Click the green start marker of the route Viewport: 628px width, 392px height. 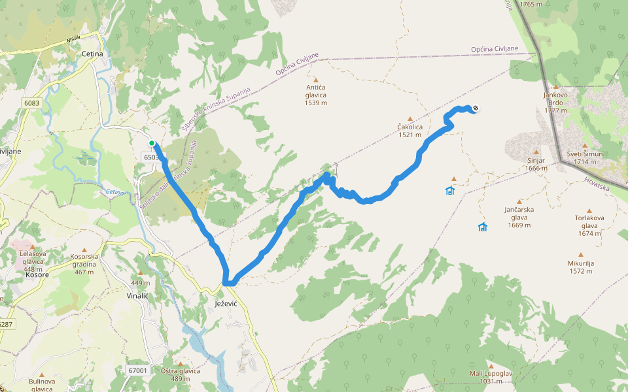(152, 143)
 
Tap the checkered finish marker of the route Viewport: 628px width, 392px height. (476, 108)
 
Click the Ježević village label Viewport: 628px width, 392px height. (225, 304)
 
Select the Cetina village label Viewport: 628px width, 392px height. (94, 54)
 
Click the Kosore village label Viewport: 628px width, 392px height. (37, 274)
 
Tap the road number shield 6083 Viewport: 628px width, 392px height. (31, 103)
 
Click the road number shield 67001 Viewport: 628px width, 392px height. (138, 370)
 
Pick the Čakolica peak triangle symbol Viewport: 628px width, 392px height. (411, 119)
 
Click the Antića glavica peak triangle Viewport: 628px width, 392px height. (315, 79)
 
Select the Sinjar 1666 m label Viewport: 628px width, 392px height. (536, 164)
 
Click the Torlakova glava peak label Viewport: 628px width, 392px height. (589, 221)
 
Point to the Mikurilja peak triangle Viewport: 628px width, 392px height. (580, 255)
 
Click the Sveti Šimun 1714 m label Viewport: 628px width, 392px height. (585, 157)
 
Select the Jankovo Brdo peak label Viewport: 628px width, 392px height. (555, 98)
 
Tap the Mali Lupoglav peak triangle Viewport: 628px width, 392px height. (491, 365)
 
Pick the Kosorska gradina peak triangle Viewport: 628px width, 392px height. (84, 250)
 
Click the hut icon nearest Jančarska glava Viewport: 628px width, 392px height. (483, 227)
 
